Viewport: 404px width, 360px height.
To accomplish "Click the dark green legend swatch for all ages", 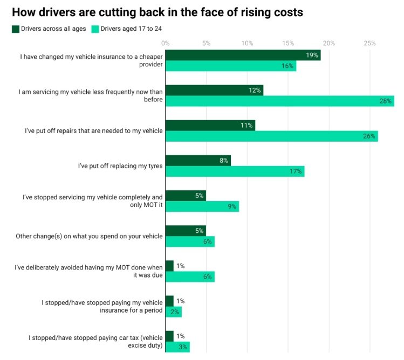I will point(16,29).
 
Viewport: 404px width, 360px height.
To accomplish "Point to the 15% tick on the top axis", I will point(288,43).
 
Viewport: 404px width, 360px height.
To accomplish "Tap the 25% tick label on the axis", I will point(369,43).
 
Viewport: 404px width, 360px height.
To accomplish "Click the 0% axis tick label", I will point(166,43).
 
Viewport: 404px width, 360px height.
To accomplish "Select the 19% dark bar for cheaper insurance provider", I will point(243,56).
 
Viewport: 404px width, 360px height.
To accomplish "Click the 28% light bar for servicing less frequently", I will point(279,101).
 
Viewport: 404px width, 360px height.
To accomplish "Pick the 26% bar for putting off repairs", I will point(271,136).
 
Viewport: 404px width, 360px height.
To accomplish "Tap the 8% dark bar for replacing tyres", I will point(198,160).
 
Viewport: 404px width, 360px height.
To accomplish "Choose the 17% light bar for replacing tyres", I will point(235,171).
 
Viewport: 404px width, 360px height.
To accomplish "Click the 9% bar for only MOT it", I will point(202,206).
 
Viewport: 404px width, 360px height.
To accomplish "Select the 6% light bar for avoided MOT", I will point(190,276).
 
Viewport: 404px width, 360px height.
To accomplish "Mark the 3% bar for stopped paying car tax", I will point(177,347).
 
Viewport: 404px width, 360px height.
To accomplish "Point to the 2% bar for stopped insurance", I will point(174,312).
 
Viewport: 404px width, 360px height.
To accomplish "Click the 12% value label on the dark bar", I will point(255,90).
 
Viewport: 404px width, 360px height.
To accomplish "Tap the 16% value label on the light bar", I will point(287,66).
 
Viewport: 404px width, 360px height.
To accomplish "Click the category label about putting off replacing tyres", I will point(120,165).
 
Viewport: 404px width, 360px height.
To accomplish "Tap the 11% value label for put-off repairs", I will point(247,125).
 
